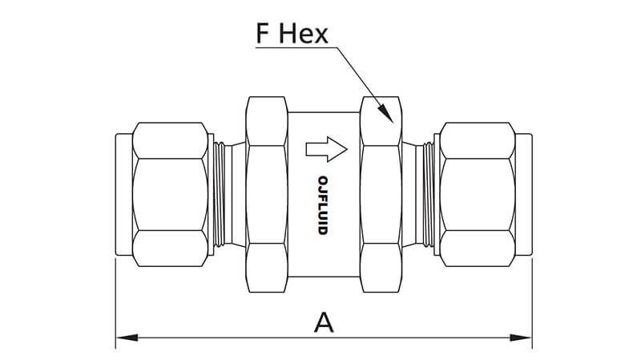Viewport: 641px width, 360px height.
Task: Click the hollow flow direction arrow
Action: pyautogui.click(x=325, y=148)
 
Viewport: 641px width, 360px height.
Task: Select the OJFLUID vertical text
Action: pyautogui.click(x=323, y=204)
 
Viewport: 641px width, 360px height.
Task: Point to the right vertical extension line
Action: pyautogui.click(x=532, y=305)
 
